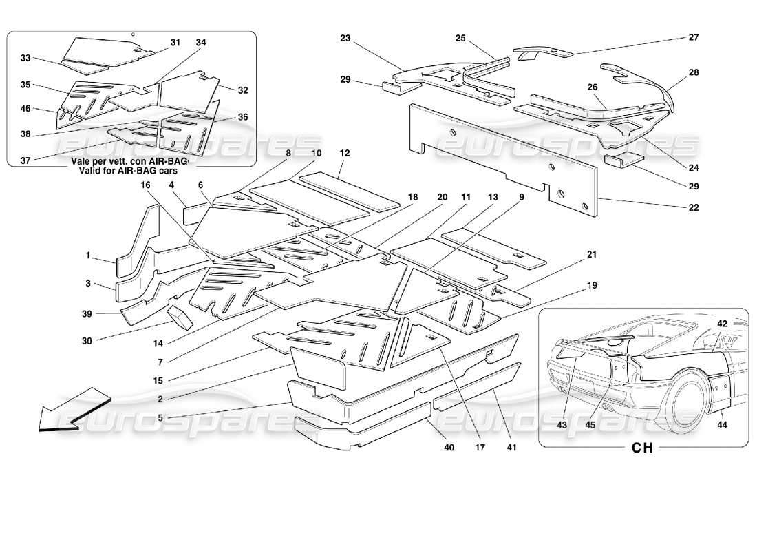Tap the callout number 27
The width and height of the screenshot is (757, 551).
point(693,38)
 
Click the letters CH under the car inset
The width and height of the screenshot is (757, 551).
point(641,448)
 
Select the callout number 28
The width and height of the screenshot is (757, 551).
point(693,72)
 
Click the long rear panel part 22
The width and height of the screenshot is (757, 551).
point(502,155)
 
